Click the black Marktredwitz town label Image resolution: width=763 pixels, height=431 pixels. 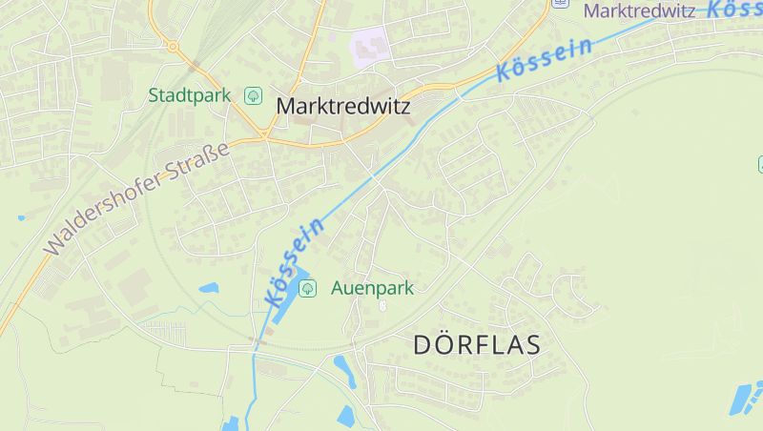(343, 106)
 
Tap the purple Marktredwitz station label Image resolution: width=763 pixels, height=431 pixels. (639, 10)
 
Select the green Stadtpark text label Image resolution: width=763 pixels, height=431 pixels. (191, 95)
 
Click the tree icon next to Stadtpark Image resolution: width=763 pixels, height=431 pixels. (253, 95)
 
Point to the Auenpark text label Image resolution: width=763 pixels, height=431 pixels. (372, 288)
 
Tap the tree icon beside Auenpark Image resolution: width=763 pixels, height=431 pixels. (308, 288)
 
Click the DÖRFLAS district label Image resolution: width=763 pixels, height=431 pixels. (477, 345)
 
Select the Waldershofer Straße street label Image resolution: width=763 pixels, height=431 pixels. (137, 198)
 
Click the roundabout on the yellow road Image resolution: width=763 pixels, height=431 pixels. (173, 45)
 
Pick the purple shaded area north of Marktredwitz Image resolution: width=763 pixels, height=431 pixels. (372, 48)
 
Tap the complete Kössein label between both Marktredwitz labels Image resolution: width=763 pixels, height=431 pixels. (545, 59)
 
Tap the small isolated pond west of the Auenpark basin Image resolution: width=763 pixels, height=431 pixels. (208, 287)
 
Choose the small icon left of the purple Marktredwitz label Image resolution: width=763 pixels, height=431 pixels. (562, 3)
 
